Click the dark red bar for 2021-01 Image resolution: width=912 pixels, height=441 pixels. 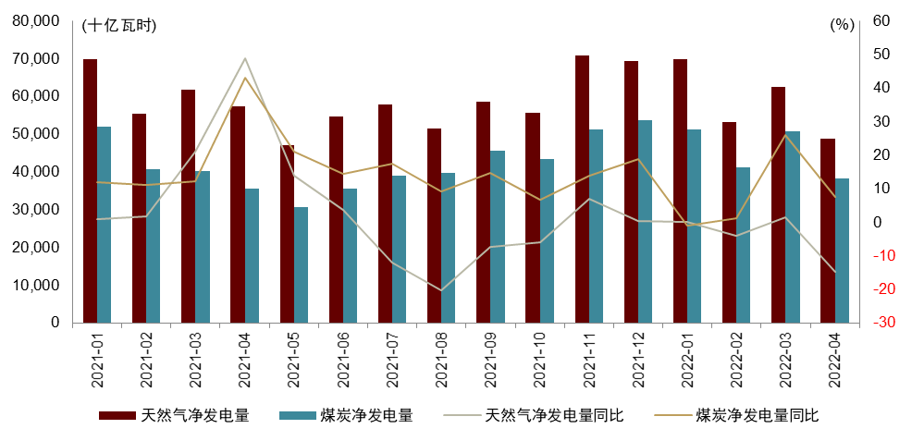pyautogui.click(x=90, y=190)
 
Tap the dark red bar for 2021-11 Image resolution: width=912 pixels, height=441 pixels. pyautogui.click(x=582, y=189)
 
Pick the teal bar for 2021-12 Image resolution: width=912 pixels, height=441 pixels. pyautogui.click(x=646, y=221)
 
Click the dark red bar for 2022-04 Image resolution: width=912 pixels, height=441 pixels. pyautogui.click(x=828, y=230)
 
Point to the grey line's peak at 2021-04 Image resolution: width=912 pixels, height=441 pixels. pyautogui.click(x=244, y=58)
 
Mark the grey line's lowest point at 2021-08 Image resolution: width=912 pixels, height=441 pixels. pyautogui.click(x=441, y=290)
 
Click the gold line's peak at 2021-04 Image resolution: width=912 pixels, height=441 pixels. pyautogui.click(x=244, y=78)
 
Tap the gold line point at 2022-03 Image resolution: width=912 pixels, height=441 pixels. pyautogui.click(x=785, y=135)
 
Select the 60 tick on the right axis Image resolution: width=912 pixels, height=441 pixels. pyautogui.click(x=881, y=20)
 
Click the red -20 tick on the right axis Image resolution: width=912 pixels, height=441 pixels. pyautogui.click(x=881, y=289)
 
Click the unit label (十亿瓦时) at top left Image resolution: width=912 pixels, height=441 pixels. pyautogui.click(x=119, y=26)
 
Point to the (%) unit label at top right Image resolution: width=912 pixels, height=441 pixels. pyautogui.click(x=841, y=26)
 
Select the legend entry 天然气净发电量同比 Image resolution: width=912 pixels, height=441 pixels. pyautogui.click(x=554, y=416)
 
